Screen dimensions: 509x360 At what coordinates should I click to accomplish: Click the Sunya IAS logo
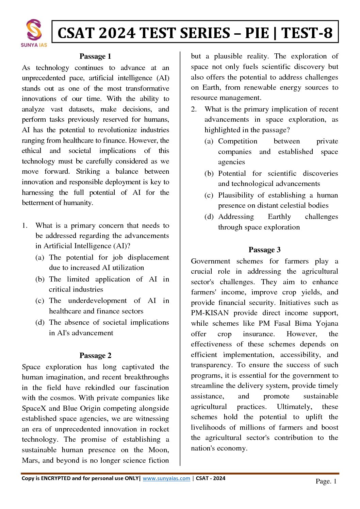[34, 33]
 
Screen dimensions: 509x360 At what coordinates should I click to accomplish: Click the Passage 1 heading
[95, 56]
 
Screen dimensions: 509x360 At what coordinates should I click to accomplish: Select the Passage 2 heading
[95, 355]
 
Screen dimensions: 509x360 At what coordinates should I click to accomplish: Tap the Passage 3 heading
[264, 250]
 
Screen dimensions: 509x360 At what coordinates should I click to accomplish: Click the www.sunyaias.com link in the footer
[166, 478]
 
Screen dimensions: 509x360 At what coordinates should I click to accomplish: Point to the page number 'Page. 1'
[326, 481]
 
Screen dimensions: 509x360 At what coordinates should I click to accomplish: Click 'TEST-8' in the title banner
[307, 33]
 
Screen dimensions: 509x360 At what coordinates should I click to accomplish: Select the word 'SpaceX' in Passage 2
[34, 408]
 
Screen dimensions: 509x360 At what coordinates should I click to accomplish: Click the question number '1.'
[25, 225]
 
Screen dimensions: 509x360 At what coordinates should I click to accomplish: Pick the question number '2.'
[194, 109]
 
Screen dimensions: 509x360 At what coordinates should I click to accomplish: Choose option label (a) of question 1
[40, 257]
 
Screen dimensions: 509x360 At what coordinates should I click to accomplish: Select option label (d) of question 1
[40, 322]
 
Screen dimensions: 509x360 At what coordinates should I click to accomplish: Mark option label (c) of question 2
[209, 195]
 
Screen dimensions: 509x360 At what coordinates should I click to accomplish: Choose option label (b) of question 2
[209, 173]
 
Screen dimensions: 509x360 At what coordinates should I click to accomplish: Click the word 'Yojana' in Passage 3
[327, 323]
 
